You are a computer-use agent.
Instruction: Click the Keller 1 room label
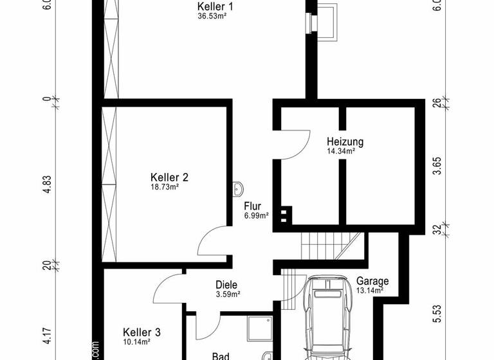point(215,7)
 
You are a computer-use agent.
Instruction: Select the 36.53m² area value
point(215,16)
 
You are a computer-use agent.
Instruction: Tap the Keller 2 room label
point(169,177)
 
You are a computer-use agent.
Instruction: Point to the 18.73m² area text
point(165,187)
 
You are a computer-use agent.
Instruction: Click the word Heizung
point(345,142)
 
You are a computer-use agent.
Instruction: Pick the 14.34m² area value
point(341,152)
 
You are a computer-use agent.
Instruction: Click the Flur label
point(252,206)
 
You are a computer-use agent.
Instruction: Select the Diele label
point(226,285)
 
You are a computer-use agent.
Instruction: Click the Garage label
point(372,281)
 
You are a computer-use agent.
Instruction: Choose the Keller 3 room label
point(142,332)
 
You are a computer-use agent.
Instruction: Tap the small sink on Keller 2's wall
point(240,188)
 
